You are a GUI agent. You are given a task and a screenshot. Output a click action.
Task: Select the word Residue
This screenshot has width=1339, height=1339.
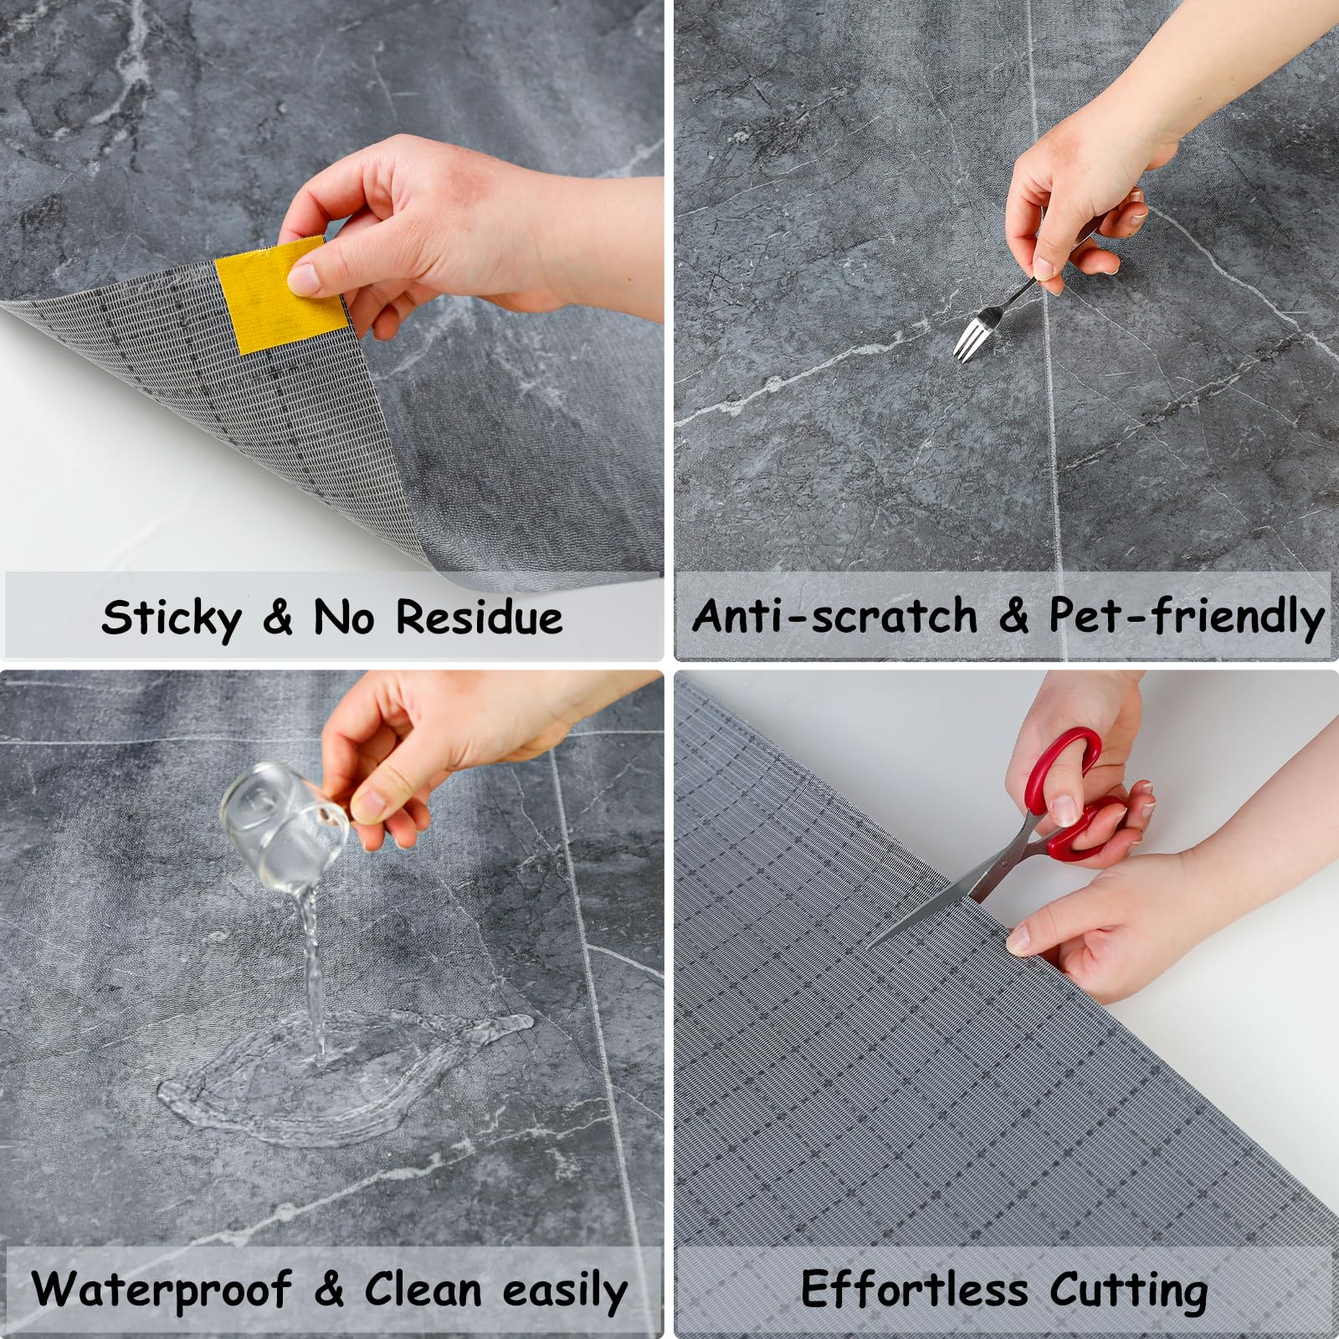(479, 618)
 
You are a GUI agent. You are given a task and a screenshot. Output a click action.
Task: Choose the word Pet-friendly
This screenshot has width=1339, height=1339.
(1187, 618)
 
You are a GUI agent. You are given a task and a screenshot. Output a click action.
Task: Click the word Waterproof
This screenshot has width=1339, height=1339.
(162, 1289)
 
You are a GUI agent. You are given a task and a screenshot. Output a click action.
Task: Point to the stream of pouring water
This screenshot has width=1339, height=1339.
(311, 971)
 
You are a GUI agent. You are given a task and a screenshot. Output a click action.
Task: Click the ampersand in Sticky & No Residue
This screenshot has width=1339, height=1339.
(278, 618)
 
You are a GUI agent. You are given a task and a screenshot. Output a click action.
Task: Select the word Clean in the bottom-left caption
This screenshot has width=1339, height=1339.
(423, 1289)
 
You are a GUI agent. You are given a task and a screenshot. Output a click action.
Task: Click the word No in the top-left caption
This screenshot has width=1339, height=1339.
(343, 618)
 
